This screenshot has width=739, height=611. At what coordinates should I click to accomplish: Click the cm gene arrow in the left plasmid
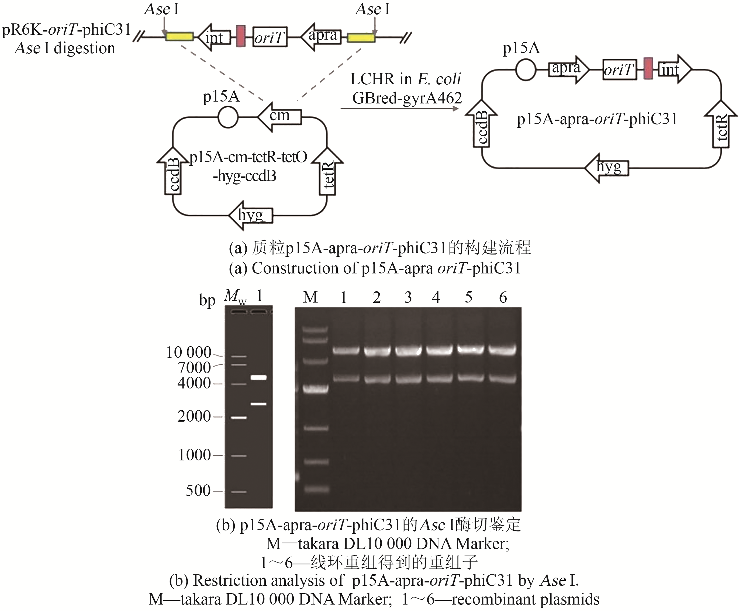(280, 117)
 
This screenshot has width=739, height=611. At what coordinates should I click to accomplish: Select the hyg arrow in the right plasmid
(607, 168)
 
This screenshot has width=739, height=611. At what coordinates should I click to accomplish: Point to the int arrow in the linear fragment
(214, 37)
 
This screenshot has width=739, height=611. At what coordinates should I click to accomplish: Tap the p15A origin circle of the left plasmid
(228, 117)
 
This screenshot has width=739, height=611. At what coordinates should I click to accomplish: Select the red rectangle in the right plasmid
(648, 69)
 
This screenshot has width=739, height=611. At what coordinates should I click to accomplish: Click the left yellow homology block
(179, 37)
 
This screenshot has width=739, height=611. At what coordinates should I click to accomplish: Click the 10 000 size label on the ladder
(189, 352)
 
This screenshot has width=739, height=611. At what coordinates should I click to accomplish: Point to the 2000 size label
(194, 416)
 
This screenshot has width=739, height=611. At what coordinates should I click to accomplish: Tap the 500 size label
(198, 490)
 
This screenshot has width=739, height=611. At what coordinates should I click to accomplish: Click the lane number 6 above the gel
(503, 298)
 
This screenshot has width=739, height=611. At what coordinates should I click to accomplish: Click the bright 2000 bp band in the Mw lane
(239, 418)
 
